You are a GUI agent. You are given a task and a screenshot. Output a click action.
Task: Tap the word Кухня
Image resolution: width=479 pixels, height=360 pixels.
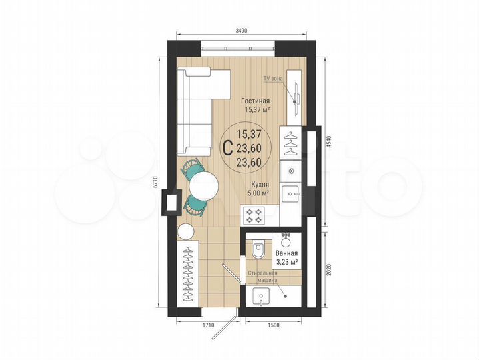click(x=260, y=185)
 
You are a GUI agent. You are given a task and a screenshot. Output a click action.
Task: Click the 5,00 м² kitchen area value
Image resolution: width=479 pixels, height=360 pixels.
click(x=260, y=193)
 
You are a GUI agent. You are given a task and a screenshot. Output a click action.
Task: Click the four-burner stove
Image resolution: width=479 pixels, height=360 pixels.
click(x=256, y=215)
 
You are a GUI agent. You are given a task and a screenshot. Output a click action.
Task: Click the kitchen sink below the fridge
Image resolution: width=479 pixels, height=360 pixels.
click(x=291, y=195)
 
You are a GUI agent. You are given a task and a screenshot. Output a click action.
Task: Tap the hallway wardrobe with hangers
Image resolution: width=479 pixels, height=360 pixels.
click(x=189, y=274)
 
